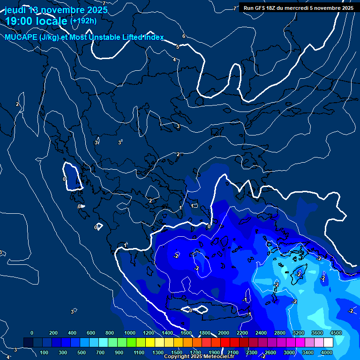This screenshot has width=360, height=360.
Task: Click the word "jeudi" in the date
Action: point(15,10)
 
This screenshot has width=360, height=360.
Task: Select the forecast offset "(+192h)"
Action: point(83,21)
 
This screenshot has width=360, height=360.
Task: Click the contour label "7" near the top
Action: point(235,8)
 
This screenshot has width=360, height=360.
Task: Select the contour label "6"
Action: point(184,36)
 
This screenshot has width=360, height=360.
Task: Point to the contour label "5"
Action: point(178,47)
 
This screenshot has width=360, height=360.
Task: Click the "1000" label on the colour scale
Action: point(130,333)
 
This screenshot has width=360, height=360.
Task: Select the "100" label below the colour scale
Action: point(45,352)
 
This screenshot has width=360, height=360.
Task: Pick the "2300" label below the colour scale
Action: point(252,352)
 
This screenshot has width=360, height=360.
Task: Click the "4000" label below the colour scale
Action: point(327,352)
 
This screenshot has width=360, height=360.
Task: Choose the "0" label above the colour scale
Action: point(32,333)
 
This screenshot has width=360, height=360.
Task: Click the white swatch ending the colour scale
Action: point(328,342)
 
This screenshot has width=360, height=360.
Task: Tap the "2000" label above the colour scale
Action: point(224,333)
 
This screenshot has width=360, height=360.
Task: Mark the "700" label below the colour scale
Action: point(101,352)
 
